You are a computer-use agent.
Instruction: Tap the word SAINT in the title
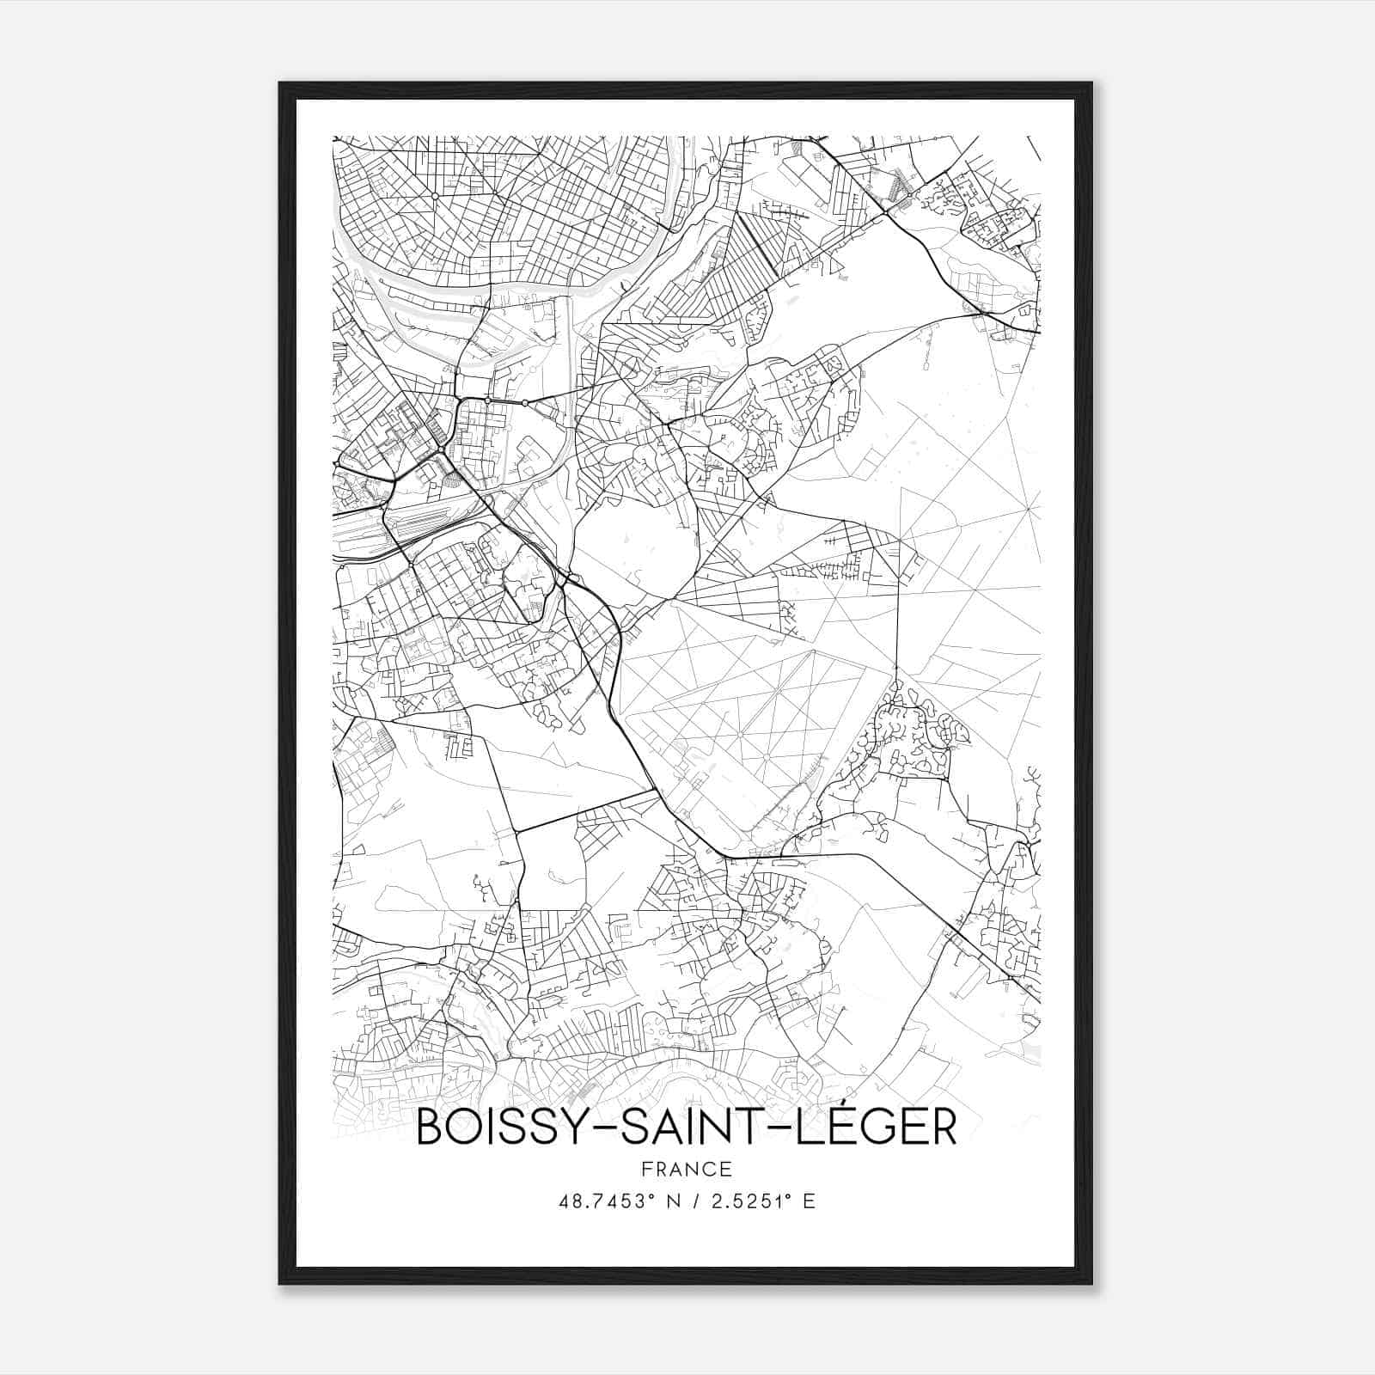(x=684, y=1128)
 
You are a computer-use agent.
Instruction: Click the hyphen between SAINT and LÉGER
(x=773, y=1130)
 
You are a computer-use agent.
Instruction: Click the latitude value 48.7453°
(x=605, y=1201)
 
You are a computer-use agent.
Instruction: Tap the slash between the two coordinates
(x=687, y=1201)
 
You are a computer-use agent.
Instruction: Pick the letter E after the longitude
(x=808, y=1201)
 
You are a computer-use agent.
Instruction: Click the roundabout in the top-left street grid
(x=436, y=197)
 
